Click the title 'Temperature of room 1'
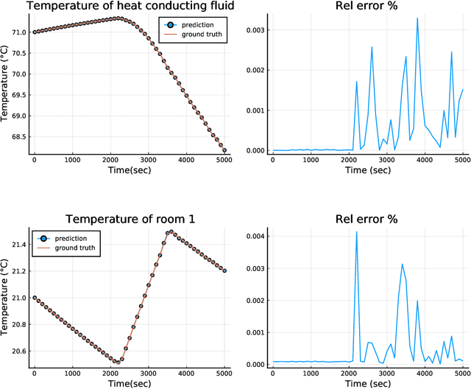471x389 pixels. click(130, 219)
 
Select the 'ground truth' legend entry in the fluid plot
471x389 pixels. click(201, 34)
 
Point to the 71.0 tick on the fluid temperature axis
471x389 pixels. click(16, 32)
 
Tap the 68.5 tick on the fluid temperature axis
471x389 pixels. click(16, 137)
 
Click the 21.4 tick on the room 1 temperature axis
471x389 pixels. click(16, 245)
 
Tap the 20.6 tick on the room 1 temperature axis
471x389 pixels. click(16, 353)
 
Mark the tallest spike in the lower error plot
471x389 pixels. click(357, 232)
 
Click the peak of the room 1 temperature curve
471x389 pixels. click(171, 232)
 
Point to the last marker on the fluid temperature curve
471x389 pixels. click(224, 150)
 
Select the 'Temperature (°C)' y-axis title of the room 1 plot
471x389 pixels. click(6, 298)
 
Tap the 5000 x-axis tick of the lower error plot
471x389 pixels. click(461, 373)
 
